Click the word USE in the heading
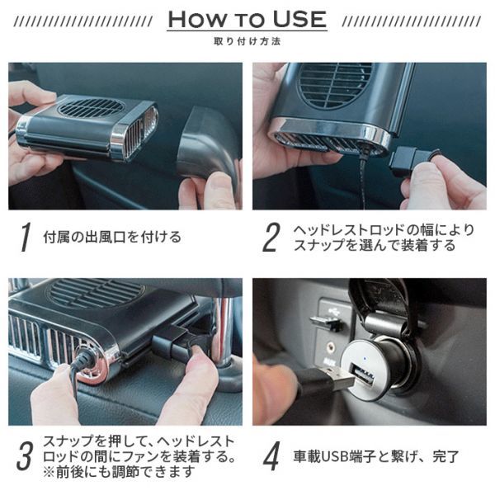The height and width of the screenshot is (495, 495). pos(299,19)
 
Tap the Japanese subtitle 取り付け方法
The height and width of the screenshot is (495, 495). pos(247,41)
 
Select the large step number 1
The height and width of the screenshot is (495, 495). pos(26,237)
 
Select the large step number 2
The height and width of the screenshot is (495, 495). pos(271,237)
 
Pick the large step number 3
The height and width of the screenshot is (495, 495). pos(25,456)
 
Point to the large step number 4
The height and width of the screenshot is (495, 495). pos(271,456)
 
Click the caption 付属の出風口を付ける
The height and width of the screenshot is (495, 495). pos(112,237)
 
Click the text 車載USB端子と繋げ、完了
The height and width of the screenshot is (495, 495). pos(376,456)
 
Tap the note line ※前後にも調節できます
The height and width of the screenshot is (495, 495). pos(118,472)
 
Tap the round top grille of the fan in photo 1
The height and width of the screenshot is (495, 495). pos(91,107)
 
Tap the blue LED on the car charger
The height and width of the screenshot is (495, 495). pos(365,359)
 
